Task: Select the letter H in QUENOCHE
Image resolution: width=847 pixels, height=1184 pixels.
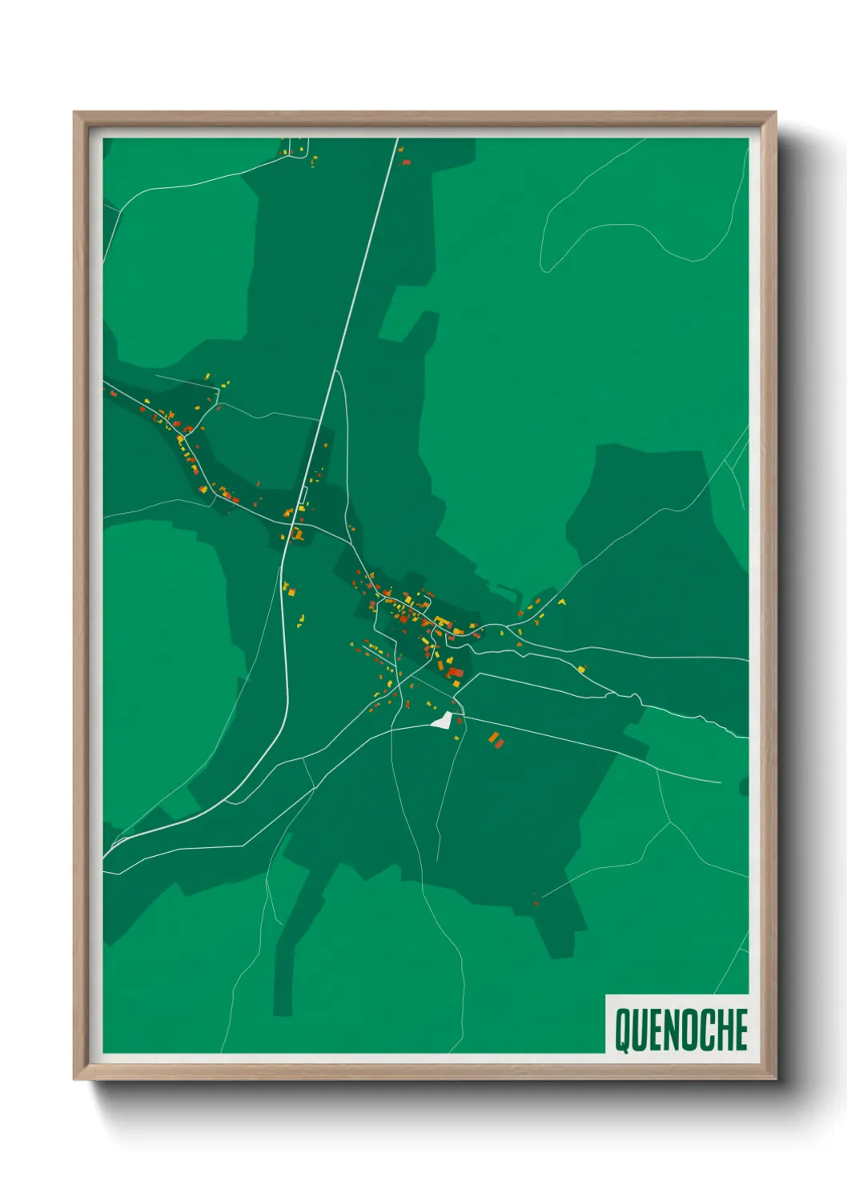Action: coord(725,1030)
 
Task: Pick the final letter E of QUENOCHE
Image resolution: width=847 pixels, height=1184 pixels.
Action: coord(741,1030)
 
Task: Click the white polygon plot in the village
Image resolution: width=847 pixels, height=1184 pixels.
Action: coord(440,720)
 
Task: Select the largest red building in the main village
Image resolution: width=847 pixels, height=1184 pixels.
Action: coord(456,672)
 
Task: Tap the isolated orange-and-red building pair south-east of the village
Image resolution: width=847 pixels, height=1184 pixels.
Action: coord(496,740)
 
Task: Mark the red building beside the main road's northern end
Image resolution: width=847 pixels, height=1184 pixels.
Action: coord(406,162)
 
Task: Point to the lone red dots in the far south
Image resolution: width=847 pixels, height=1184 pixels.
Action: coord(535,899)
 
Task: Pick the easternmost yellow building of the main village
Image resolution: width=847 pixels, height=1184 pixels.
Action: coord(561,602)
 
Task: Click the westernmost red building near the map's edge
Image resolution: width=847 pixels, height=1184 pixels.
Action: coord(143,409)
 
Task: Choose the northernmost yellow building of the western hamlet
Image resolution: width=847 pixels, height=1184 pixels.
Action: coord(207,376)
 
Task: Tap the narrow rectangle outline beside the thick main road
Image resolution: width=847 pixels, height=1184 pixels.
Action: coord(303,494)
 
